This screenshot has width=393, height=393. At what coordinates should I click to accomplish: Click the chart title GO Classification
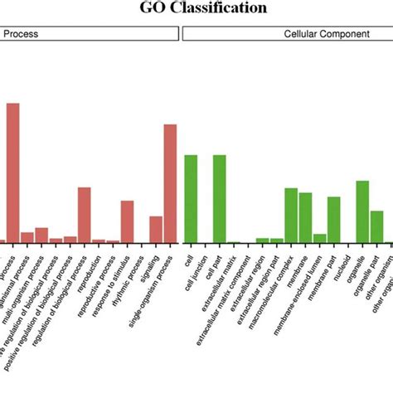coord(196,8)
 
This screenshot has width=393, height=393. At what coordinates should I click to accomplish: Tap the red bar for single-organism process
coord(170,183)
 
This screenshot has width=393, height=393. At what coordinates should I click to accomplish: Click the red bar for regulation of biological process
coord(84,215)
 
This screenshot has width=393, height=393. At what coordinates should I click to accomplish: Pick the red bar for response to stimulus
coord(127,221)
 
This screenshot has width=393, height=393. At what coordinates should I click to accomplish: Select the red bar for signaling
coord(155,229)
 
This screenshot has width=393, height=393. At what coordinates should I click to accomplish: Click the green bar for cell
coord(191,198)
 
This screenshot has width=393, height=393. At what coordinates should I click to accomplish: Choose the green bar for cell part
coord(219,198)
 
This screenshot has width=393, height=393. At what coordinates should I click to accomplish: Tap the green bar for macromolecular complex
coord(290,215)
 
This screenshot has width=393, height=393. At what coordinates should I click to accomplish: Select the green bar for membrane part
coord(333,219)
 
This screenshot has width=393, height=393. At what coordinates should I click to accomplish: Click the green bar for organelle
coord(362,211)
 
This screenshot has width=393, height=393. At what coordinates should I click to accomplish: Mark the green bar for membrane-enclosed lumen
coord(319,238)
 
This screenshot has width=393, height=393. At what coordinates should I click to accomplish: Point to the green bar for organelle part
coord(376,226)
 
